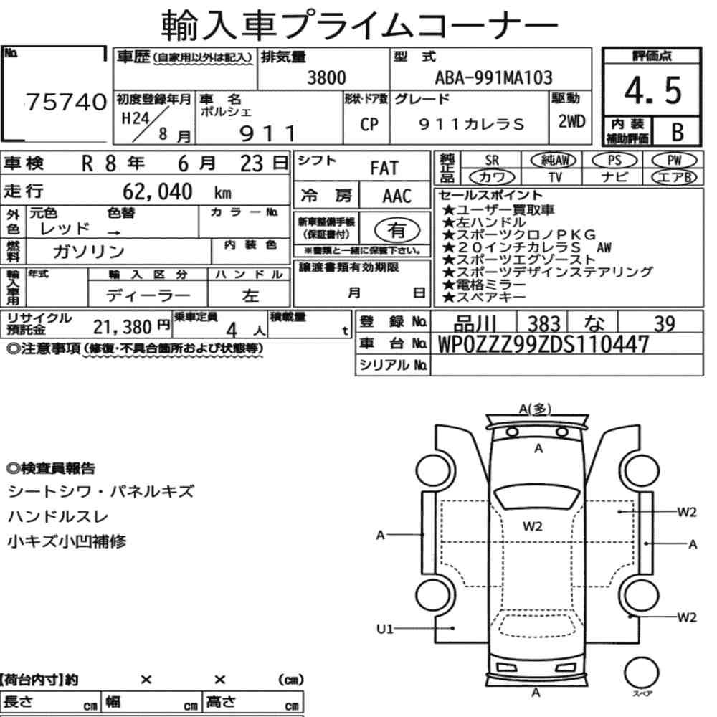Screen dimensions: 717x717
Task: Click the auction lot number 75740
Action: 66,102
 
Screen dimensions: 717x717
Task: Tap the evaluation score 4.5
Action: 653,90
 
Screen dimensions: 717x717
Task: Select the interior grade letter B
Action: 678,132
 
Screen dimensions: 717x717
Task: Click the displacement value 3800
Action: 326,77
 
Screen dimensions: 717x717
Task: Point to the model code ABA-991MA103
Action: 493,77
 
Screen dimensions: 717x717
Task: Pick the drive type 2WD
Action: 571,122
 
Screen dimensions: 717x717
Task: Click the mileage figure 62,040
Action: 157,191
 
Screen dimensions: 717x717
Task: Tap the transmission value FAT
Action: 384,168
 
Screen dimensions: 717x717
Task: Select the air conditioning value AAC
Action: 397,196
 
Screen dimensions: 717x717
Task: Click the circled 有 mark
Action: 397,230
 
